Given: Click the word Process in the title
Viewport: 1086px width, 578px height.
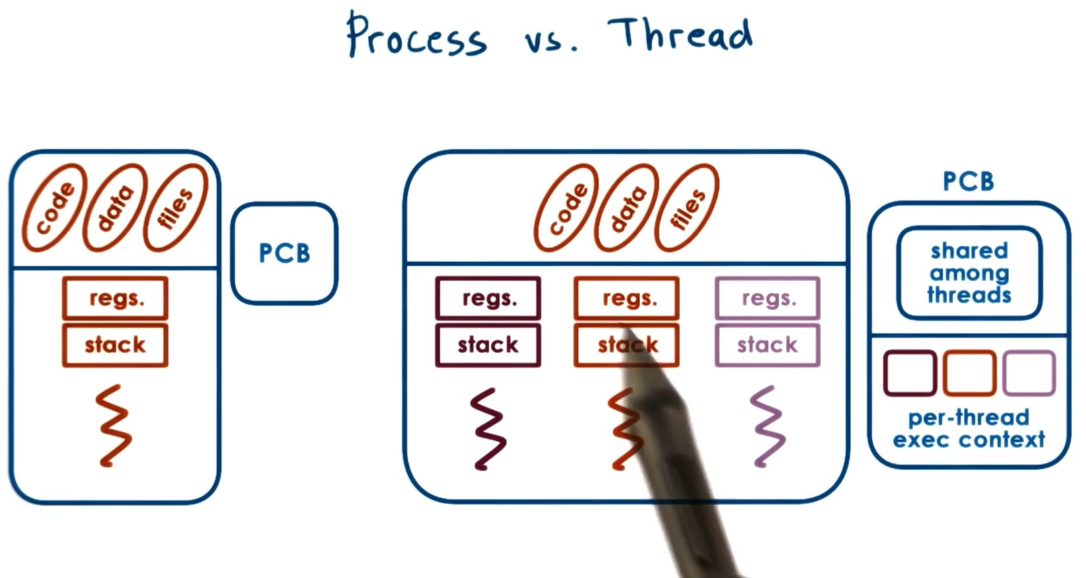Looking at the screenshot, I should click(x=417, y=37).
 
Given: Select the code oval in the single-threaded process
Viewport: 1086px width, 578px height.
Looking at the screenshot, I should click(x=55, y=207).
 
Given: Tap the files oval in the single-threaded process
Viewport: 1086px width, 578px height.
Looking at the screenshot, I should click(x=176, y=207).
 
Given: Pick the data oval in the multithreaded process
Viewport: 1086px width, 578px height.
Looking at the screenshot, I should click(x=627, y=207).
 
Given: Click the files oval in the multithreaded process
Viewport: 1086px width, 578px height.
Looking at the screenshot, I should click(x=687, y=207).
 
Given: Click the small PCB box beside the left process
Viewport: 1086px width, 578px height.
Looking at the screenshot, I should click(x=284, y=253).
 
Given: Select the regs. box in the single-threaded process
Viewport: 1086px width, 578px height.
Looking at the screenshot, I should click(x=115, y=298).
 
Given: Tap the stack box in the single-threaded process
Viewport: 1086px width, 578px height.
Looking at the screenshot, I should click(x=115, y=345).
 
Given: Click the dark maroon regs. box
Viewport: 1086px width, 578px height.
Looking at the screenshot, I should click(x=488, y=298).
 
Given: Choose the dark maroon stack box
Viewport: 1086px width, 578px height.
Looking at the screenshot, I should click(x=488, y=345).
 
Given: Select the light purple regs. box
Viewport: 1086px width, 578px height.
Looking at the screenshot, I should click(x=768, y=298).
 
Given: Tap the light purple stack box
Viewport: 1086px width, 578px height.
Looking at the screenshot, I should click(x=768, y=345).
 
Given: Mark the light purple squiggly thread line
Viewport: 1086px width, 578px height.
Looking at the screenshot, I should click(x=768, y=427).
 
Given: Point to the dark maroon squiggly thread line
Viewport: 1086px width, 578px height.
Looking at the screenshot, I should click(x=488, y=429).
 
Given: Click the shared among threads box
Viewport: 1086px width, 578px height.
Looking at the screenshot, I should click(x=969, y=273).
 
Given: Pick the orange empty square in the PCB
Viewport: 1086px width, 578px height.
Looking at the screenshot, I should click(x=969, y=373).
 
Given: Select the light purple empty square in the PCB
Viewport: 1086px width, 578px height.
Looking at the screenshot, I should click(x=1029, y=373).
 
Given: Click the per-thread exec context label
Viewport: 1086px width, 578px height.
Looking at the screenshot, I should click(x=969, y=429).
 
